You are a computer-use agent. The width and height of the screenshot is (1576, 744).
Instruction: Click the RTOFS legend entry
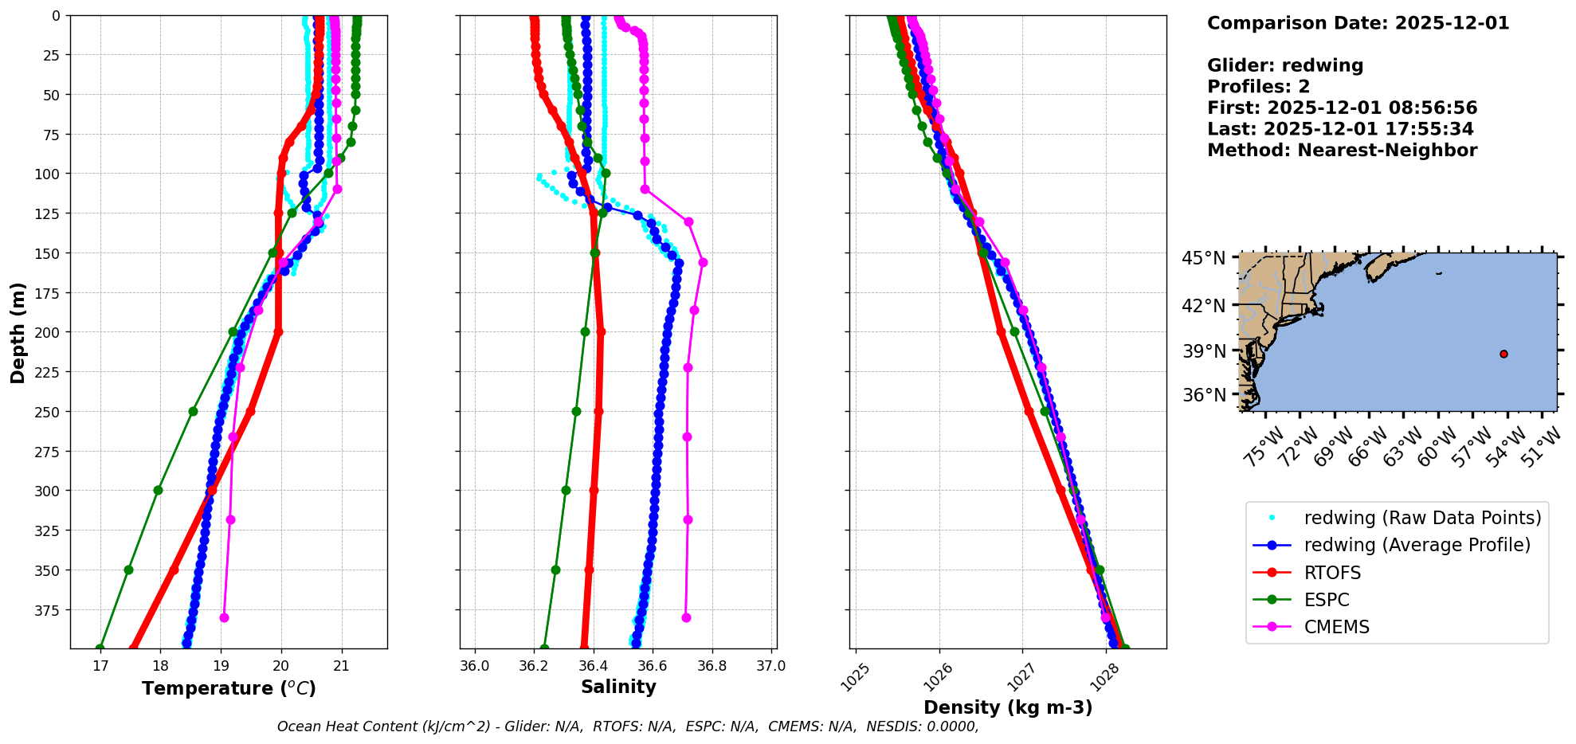[1332, 573]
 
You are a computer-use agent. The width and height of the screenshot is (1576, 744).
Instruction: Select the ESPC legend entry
[1327, 600]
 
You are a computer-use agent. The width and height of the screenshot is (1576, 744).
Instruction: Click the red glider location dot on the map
[1503, 354]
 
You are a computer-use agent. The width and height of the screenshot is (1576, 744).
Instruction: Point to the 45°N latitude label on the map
[1204, 259]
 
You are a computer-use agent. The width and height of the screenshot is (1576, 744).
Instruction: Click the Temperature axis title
[229, 688]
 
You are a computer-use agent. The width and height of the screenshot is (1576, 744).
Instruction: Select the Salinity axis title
[618, 687]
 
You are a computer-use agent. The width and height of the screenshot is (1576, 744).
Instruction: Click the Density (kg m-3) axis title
[1008, 707]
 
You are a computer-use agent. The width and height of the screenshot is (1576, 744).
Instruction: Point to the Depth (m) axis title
[18, 332]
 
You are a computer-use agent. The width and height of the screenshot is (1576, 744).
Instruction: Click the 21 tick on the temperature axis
[342, 666]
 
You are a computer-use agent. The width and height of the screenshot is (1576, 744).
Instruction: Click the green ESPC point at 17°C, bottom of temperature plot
[100, 648]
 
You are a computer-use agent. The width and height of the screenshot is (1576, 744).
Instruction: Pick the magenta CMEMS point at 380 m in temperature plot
[224, 617]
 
